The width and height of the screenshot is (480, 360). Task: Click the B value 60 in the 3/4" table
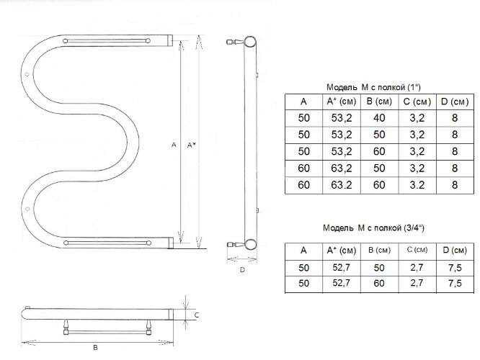(375, 284)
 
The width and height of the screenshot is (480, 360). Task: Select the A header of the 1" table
(303, 102)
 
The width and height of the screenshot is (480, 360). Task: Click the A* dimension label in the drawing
(191, 145)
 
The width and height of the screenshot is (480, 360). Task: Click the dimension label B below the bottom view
(96, 348)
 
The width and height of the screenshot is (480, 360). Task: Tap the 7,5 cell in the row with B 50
(454, 267)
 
